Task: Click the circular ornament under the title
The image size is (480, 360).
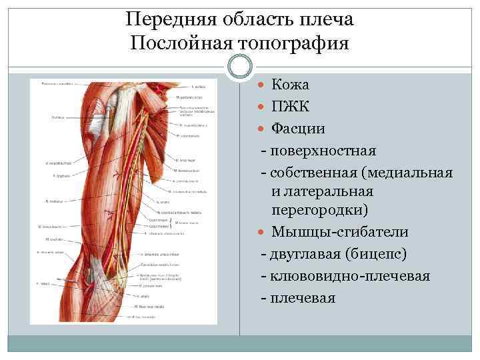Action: click(240, 67)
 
